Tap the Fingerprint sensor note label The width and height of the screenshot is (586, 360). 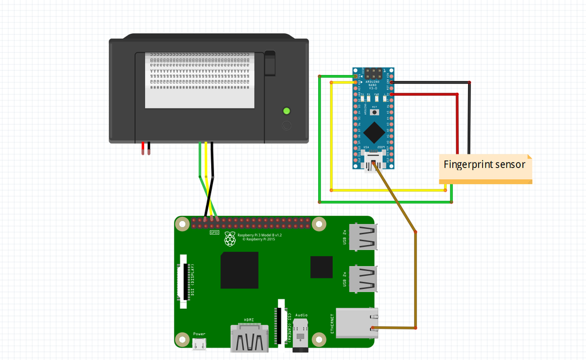(485, 165)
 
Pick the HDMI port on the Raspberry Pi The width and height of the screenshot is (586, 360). (250, 338)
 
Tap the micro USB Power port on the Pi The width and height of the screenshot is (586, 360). (199, 345)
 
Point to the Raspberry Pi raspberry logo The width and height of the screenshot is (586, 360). (230, 239)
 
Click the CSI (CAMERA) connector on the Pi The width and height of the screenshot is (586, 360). (280, 322)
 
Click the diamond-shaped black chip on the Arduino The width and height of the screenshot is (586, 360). (374, 132)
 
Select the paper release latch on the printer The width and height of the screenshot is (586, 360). (270, 64)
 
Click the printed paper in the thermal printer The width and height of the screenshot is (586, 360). (200, 80)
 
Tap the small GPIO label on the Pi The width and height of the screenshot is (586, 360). (214, 232)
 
